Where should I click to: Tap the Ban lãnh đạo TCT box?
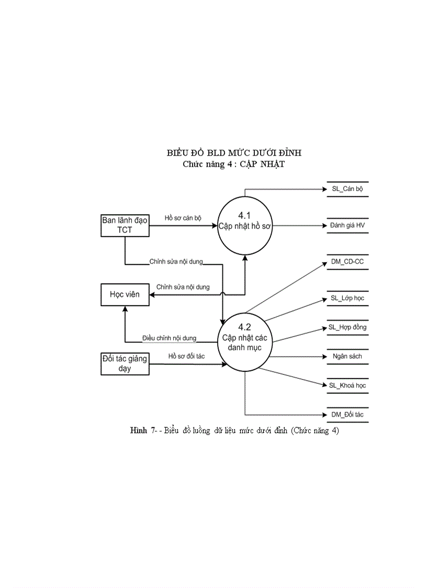(125, 225)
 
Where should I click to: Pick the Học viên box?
(125, 294)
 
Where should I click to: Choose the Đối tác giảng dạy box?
(125, 363)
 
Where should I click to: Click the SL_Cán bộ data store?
(347, 189)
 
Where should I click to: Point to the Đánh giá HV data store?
(347, 225)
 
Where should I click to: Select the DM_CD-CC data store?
(347, 262)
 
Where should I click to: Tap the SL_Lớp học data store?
(347, 298)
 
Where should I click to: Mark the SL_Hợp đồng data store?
(347, 327)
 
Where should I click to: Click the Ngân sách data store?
(347, 357)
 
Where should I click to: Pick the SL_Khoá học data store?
(347, 385)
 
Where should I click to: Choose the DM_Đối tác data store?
(347, 415)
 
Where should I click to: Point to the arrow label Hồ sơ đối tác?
(186, 356)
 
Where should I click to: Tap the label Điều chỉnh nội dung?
(169, 338)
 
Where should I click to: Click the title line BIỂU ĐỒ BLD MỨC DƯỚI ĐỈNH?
(233, 153)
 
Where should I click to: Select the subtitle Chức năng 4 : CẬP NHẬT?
(233, 164)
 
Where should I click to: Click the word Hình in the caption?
(139, 431)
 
